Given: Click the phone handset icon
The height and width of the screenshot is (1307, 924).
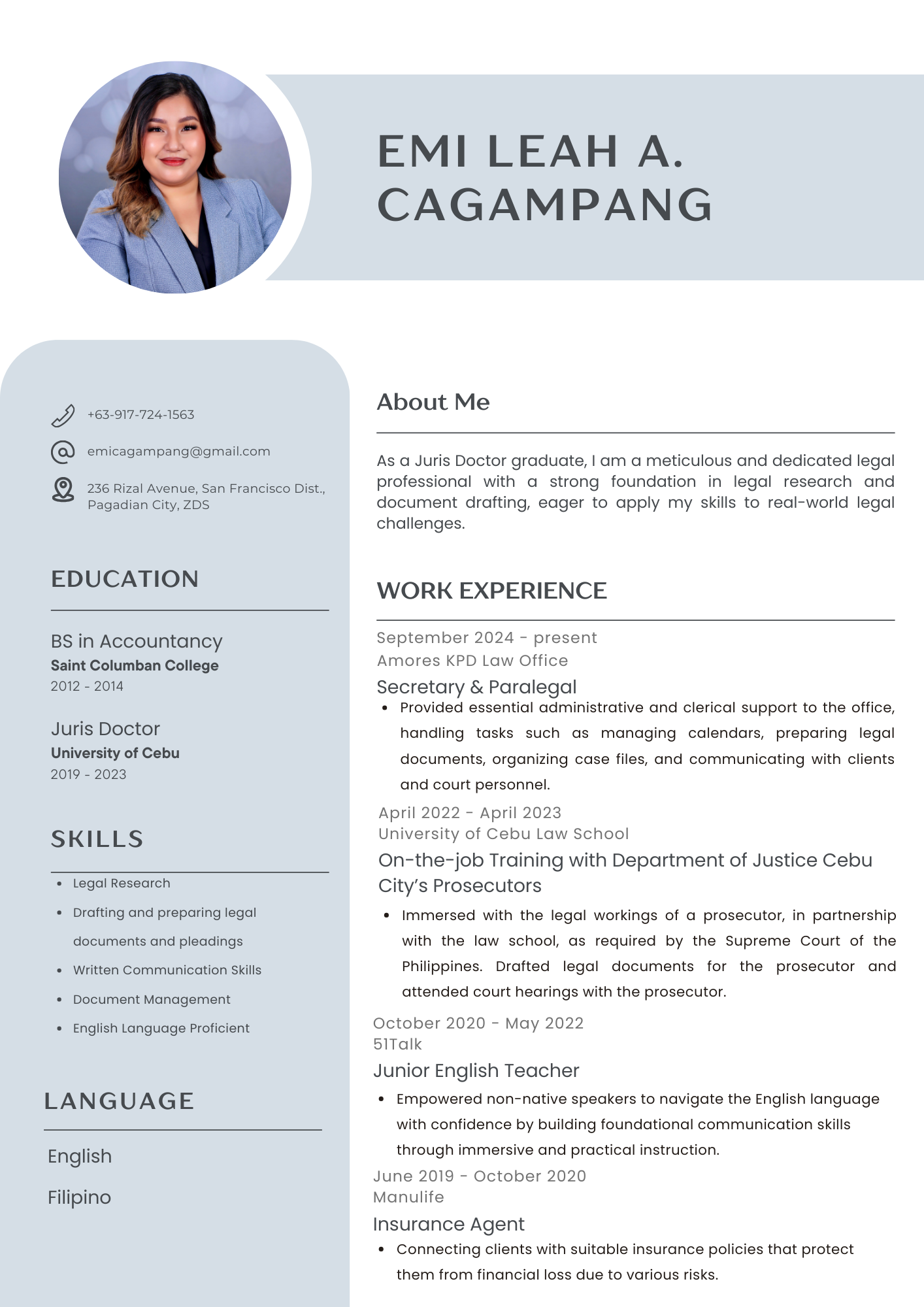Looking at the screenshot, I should coord(63,416).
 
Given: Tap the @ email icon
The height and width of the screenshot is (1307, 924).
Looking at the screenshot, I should coord(63,452).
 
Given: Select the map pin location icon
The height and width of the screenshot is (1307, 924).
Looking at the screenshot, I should coord(63,489).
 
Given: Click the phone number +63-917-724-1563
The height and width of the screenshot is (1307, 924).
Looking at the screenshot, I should coord(140,415).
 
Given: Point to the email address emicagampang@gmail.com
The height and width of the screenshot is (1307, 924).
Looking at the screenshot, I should coord(178,452).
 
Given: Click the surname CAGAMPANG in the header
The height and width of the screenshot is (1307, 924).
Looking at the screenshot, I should coord(544,205).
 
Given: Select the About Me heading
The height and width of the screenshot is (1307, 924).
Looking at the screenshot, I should coord(433,402).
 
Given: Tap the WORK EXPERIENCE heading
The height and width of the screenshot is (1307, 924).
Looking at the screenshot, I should coord(491,591).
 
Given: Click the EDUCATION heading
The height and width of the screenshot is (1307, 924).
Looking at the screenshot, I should coord(124,579).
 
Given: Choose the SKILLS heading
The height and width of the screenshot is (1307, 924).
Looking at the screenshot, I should coord(97,839).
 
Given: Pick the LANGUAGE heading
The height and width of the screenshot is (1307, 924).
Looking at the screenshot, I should coord(119,1101).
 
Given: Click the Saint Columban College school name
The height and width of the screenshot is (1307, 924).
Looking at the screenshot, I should coord(135,666).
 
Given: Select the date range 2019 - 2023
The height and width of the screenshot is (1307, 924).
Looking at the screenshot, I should coord(88,774).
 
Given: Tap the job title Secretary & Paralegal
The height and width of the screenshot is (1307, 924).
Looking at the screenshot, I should coord(476,687).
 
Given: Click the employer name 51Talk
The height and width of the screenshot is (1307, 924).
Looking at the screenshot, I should coord(397,1044).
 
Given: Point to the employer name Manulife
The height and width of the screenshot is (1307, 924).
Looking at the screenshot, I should coord(408,1197).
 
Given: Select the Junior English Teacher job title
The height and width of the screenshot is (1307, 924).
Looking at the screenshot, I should coord(476,1071).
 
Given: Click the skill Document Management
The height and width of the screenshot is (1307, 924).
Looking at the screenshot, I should coord(152,1000).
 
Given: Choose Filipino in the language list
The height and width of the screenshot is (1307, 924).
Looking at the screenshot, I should coord(79,1198).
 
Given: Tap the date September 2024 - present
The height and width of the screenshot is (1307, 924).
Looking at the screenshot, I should coord(486,638).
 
